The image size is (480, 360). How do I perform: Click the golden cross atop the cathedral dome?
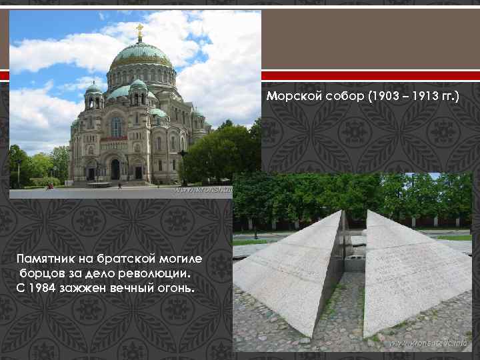(140, 30)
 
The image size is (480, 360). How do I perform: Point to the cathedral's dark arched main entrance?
(115, 169)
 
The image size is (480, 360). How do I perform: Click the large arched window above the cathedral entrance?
(116, 126)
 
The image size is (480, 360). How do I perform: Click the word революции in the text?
(155, 273)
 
